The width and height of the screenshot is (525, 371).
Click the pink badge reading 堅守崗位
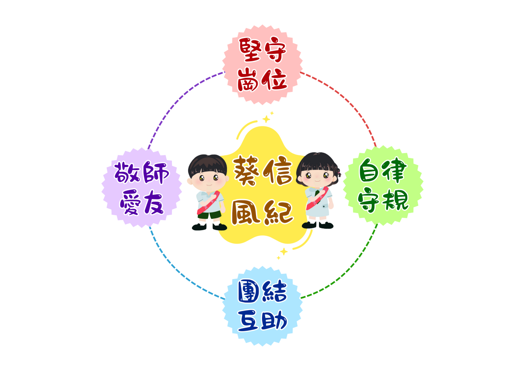[262, 64]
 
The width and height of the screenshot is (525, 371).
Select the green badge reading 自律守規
[383, 185]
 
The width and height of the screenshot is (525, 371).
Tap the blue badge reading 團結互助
[262, 306]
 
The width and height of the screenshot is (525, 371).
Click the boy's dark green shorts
[209, 215]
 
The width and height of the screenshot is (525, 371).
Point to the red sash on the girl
[317, 199]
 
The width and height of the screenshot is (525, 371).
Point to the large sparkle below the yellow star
[284, 252]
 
